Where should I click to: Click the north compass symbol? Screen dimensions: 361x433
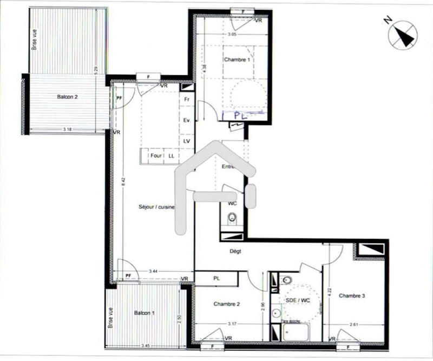[403, 35]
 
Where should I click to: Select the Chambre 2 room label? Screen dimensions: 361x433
[226, 304]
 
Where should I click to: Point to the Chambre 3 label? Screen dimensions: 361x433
[352, 296]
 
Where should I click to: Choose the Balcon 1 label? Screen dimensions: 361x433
[145, 313]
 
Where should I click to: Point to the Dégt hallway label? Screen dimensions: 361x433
[235, 251]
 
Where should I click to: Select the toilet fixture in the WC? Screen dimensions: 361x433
[232, 218]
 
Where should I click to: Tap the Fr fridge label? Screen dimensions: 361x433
[187, 100]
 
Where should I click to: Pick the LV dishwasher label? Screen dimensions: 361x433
[187, 141]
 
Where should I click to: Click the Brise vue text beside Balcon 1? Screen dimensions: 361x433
[111, 318]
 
